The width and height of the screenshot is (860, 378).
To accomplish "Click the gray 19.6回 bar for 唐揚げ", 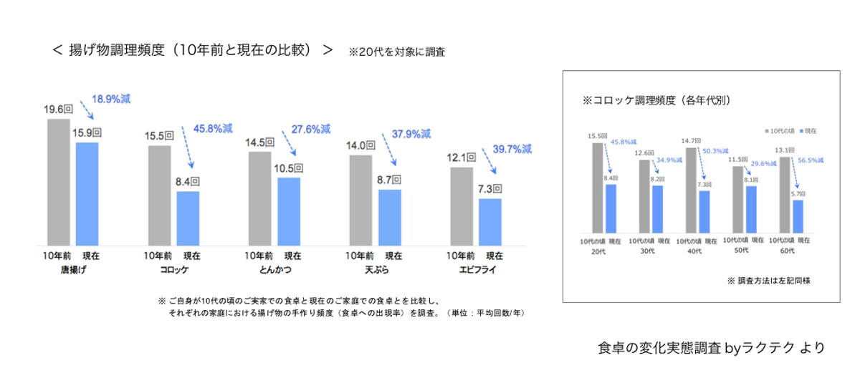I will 58,182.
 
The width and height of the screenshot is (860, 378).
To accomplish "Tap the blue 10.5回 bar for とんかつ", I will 288,210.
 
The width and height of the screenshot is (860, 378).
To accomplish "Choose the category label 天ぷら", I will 376,270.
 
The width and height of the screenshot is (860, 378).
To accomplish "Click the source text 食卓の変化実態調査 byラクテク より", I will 711,348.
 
